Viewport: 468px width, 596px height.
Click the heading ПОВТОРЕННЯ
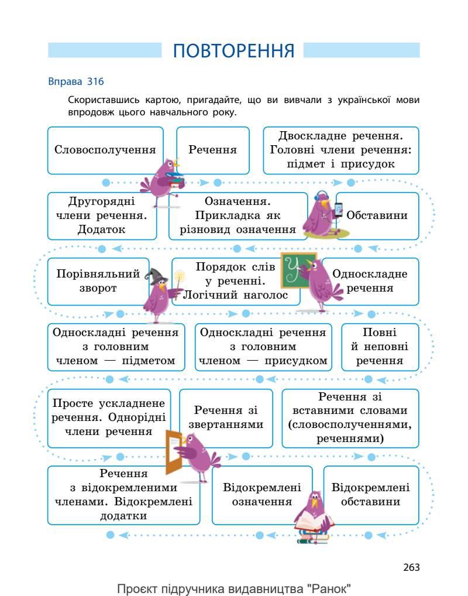point(233,51)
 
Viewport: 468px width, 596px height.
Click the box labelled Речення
point(213,150)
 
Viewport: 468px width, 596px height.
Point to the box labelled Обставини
point(377,215)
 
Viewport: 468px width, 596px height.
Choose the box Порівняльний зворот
point(94,281)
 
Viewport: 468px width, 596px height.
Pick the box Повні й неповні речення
point(380,347)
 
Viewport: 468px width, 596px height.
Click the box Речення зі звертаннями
point(226,417)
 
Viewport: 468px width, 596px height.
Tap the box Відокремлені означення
point(262,495)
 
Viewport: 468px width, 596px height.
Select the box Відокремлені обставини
point(371,495)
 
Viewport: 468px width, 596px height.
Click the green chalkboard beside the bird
point(297,270)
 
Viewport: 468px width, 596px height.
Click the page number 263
point(411,567)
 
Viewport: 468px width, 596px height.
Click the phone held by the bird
point(338,210)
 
